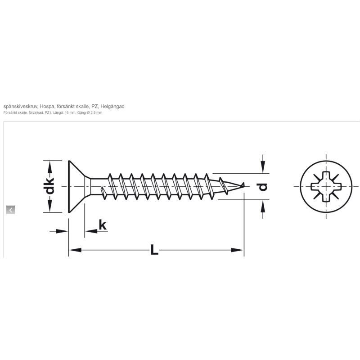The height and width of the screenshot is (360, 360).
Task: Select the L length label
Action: click(154, 250)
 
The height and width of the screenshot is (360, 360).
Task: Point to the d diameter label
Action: click(263, 187)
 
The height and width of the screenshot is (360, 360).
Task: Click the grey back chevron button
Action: click(10, 210)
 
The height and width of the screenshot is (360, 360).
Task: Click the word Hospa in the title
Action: click(47, 106)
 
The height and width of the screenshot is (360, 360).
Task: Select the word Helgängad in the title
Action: click(112, 106)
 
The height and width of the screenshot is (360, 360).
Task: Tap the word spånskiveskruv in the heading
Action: click(20, 106)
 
